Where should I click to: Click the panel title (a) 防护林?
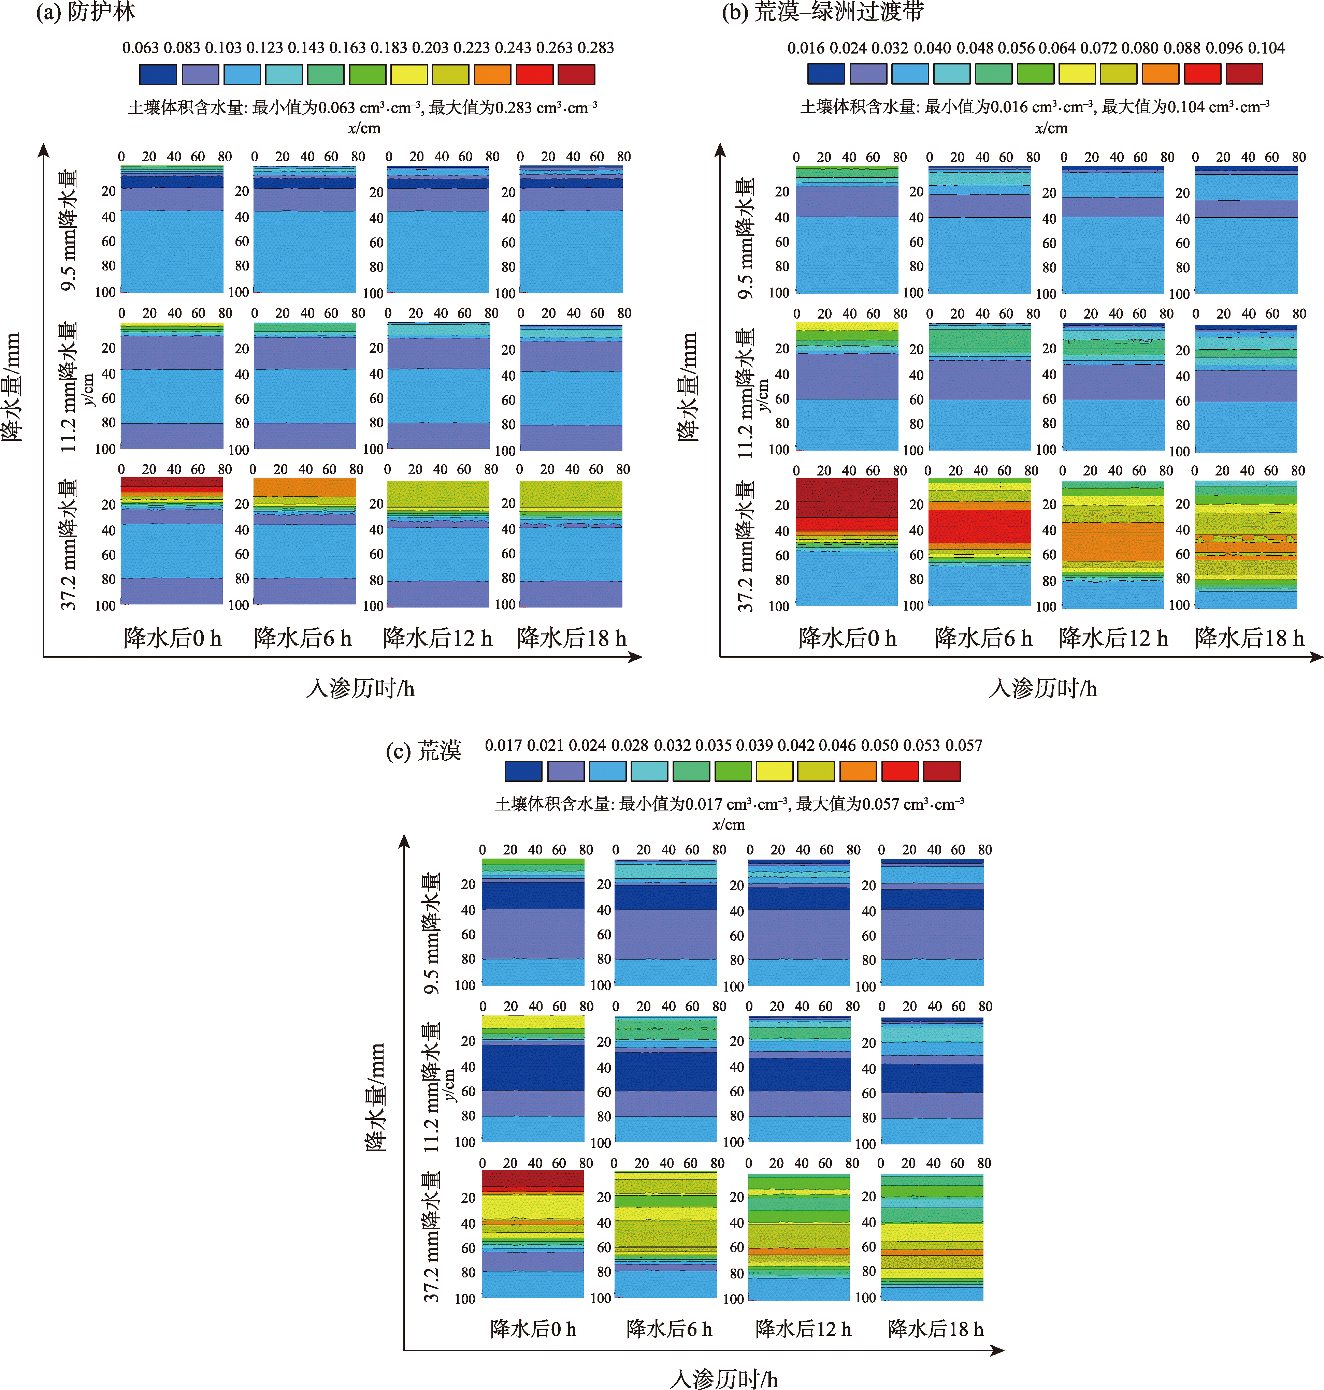pyautogui.click(x=85, y=12)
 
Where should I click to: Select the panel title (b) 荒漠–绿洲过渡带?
pyautogui.click(x=822, y=12)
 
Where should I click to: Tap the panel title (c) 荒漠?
pyautogui.click(x=423, y=750)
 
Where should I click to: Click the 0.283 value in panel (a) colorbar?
pyautogui.click(x=596, y=48)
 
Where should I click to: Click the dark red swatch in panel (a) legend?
pyautogui.click(x=576, y=74)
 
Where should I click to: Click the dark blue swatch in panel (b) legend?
pyautogui.click(x=826, y=73)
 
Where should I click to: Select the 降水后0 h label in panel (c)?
pyautogui.click(x=533, y=1329)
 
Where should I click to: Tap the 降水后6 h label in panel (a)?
pyautogui.click(x=303, y=638)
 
